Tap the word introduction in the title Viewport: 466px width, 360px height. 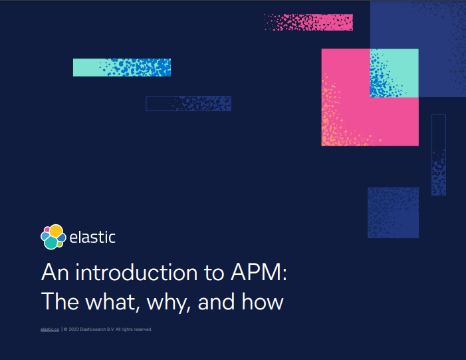pos(136,272)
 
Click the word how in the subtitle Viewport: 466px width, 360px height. pos(263,301)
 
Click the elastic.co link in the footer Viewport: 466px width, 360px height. pos(50,329)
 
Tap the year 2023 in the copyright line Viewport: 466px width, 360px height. pos(74,329)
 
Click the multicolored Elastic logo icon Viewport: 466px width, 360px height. pos(53,237)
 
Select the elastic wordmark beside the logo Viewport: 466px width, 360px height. pos(92,237)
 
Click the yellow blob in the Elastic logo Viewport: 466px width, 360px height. pos(56,231)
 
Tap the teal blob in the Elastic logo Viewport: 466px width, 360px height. pos(51,243)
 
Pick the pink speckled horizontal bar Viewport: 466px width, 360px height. pos(308,22)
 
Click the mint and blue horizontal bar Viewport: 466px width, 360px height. pos(122,67)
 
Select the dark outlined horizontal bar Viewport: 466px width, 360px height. pos(188,103)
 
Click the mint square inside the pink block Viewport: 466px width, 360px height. pos(394,73)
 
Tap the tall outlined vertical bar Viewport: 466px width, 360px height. pos(439,154)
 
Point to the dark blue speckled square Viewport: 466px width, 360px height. pos(393,212)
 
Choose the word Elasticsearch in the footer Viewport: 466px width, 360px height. pos(93,329)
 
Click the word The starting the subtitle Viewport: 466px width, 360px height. pos(60,301)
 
